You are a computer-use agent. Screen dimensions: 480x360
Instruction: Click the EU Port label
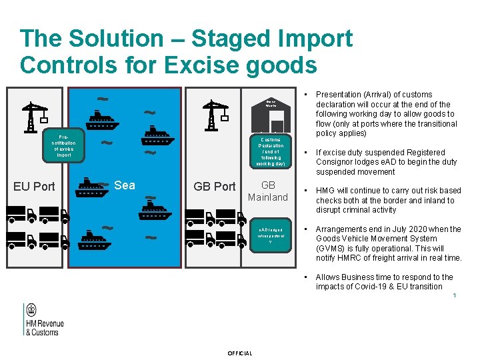(x=34, y=186)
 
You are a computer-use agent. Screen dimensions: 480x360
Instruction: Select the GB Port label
(x=214, y=186)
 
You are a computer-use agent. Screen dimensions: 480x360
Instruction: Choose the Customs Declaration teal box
(x=271, y=151)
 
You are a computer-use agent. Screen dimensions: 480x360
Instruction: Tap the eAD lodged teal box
(x=271, y=234)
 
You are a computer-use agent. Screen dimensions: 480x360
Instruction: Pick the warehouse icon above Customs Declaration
(x=271, y=113)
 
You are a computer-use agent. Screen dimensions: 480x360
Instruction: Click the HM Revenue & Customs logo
(x=43, y=319)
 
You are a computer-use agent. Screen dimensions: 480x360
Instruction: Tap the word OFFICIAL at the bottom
(x=240, y=353)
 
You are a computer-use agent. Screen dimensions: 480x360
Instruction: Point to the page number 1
(x=454, y=297)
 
